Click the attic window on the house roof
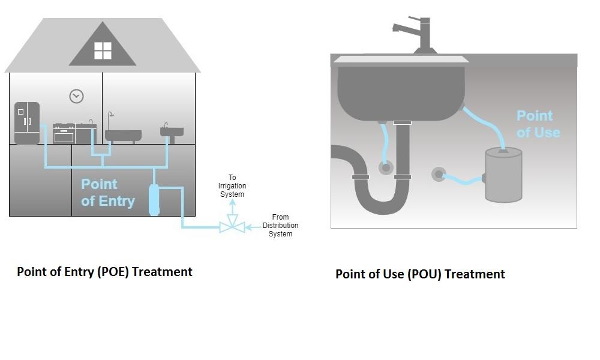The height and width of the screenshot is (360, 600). click(103, 50)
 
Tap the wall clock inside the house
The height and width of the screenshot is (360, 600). click(76, 96)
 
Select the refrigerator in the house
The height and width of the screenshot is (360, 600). click(27, 123)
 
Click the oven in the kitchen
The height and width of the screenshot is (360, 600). click(64, 134)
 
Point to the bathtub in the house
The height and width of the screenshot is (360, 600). click(123, 134)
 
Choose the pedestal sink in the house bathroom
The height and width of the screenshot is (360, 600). click(172, 133)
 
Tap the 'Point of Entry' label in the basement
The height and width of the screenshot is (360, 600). click(107, 193)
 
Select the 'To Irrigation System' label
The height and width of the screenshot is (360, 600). click(232, 186)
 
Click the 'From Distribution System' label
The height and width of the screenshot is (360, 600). click(280, 226)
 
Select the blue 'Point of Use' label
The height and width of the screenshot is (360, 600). click(538, 124)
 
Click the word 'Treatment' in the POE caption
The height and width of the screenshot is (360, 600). click(162, 272)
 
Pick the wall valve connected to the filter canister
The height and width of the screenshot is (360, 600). click(439, 175)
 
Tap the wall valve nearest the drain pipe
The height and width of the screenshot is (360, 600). click(386, 167)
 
